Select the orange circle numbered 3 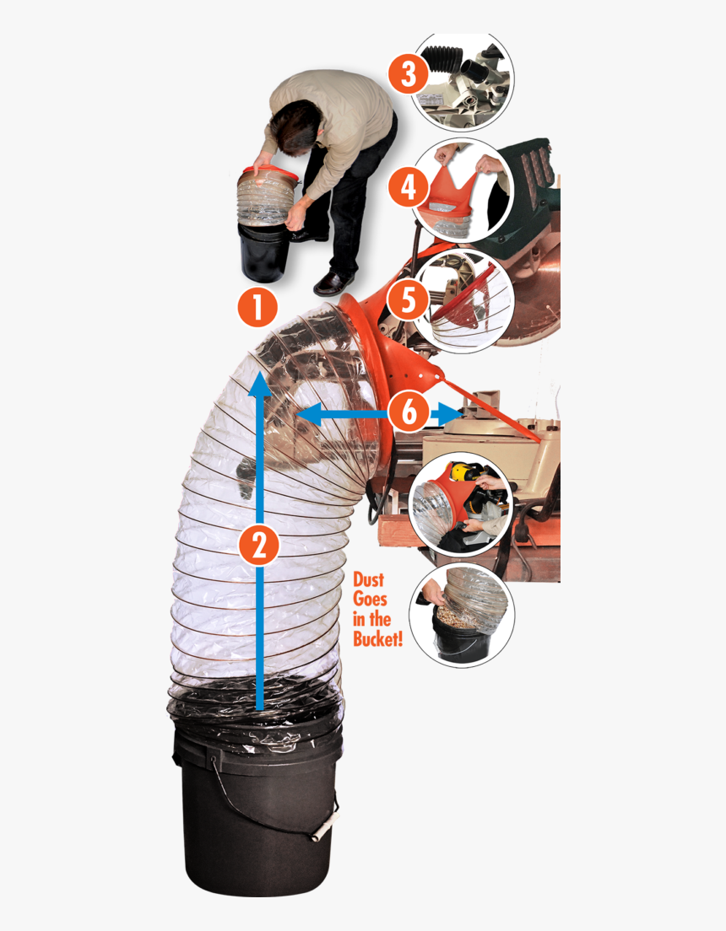[408, 74]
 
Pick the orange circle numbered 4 [409, 186]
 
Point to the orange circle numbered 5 [409, 300]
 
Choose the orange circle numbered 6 [409, 413]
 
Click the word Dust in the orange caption [368, 581]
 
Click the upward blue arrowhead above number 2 [259, 385]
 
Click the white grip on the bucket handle [320, 830]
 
